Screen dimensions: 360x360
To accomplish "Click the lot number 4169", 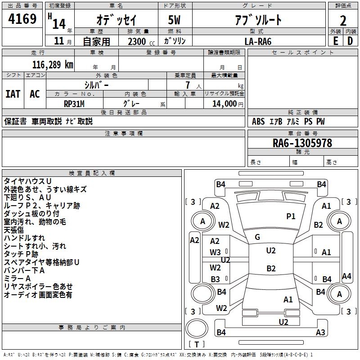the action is coord(22,18).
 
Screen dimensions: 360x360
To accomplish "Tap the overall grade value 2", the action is coord(343,21).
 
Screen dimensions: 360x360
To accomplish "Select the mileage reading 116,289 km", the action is coord(53,65).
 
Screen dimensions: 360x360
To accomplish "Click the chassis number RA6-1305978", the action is coord(302,143).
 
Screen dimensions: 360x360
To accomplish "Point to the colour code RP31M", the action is coord(74,104).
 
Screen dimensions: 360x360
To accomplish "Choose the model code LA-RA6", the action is coord(258,41).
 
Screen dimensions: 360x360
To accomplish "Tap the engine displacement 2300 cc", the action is coord(141,41).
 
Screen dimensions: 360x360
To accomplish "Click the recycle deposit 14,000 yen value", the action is coord(228,104).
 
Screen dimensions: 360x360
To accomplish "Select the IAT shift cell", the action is coord(13,94).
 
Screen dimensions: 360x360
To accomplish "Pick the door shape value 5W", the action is coord(174,20).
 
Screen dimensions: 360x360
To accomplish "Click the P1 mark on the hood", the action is coord(291,216).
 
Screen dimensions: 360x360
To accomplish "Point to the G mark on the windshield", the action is coord(257,237).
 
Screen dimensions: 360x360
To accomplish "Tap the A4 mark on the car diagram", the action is coord(346,276).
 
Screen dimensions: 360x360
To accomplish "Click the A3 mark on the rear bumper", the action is coord(320,332).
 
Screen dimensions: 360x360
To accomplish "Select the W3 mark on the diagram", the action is coord(215,252).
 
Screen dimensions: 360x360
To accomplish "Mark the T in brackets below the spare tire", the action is coord(197,344).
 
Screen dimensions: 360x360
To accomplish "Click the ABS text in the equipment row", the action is coord(258,121).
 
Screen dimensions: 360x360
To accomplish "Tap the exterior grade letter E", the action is coord(336,41).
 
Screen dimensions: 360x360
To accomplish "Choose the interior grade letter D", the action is coord(350,41).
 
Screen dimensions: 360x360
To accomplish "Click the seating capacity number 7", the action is coord(188,85).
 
